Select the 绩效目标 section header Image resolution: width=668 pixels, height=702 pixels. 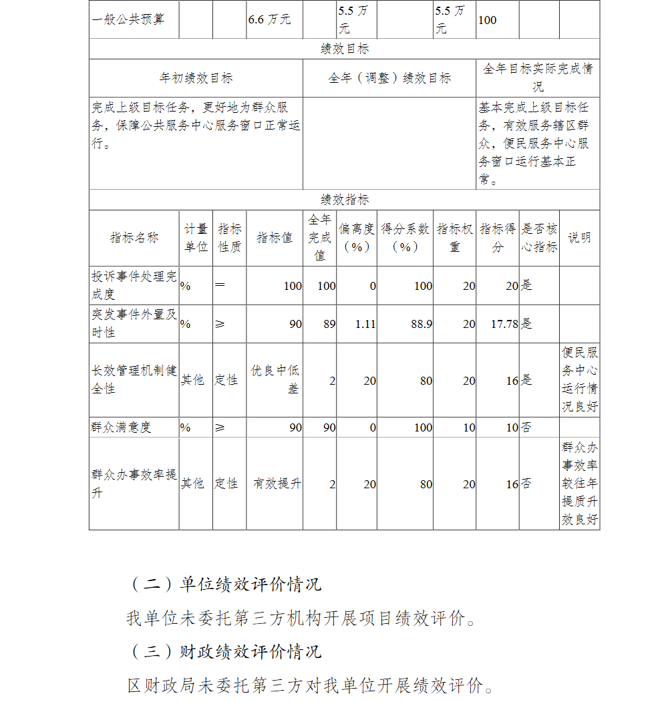(345, 49)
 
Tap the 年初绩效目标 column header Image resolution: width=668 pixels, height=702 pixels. (196, 78)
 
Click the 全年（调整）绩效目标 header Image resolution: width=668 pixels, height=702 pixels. (389, 78)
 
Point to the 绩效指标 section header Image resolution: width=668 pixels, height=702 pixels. (345, 200)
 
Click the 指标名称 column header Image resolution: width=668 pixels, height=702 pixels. (134, 238)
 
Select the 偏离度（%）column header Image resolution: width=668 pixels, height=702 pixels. (357, 238)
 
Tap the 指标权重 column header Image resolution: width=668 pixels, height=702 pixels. (455, 238)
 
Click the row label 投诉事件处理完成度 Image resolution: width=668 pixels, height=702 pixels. (134, 285)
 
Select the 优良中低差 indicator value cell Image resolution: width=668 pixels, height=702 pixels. (275, 379)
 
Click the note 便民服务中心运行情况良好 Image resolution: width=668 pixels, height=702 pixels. (579, 379)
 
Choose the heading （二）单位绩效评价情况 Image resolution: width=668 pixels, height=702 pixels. (226, 584)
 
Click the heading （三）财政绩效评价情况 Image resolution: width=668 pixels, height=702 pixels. (226, 651)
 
